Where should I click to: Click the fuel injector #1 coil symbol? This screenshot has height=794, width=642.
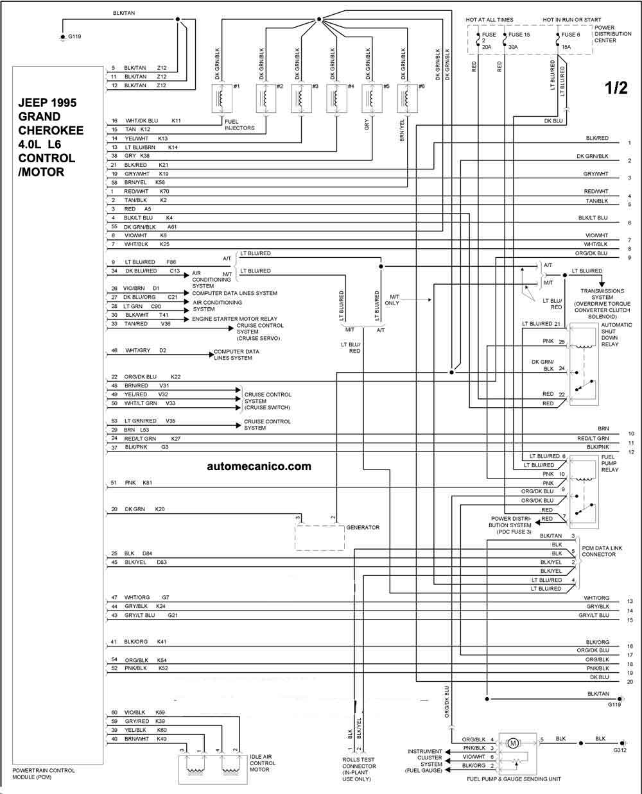click(x=221, y=98)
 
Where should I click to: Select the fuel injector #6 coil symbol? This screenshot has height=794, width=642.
click(x=407, y=98)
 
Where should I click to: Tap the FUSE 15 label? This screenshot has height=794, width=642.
click(x=519, y=35)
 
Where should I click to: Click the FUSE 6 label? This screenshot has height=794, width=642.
click(x=570, y=35)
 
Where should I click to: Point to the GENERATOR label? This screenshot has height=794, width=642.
click(x=363, y=527)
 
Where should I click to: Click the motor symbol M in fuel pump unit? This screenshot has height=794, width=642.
click(x=513, y=743)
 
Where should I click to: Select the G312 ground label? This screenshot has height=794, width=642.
click(x=620, y=750)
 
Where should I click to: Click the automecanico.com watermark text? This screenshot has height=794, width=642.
click(x=259, y=466)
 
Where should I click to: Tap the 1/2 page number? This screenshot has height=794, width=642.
click(x=616, y=88)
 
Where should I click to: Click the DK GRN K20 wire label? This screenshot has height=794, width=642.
click(x=144, y=509)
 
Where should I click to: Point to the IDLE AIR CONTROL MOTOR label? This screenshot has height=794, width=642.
click(x=263, y=763)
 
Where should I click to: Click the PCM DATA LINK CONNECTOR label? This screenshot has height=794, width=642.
click(x=602, y=552)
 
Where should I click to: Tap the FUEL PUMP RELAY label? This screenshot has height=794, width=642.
click(x=609, y=463)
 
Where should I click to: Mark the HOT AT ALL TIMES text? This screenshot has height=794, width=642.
click(x=489, y=20)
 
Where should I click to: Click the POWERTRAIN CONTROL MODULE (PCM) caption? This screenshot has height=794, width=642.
click(x=44, y=774)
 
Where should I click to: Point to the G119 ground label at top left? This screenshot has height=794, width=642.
click(x=74, y=37)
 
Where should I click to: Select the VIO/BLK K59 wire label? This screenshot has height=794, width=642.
click(x=144, y=713)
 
